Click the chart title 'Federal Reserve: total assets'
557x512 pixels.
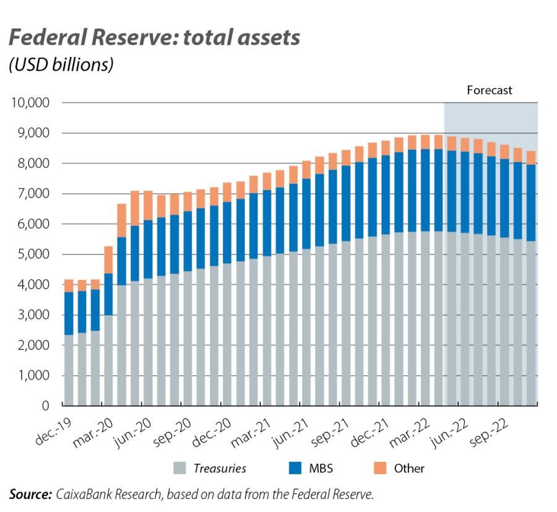tap(155, 38)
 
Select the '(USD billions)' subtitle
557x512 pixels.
tap(61, 64)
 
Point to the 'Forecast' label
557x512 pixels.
tap(489, 90)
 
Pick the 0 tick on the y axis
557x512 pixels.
tap(45, 406)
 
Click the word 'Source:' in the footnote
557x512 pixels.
tap(30, 494)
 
